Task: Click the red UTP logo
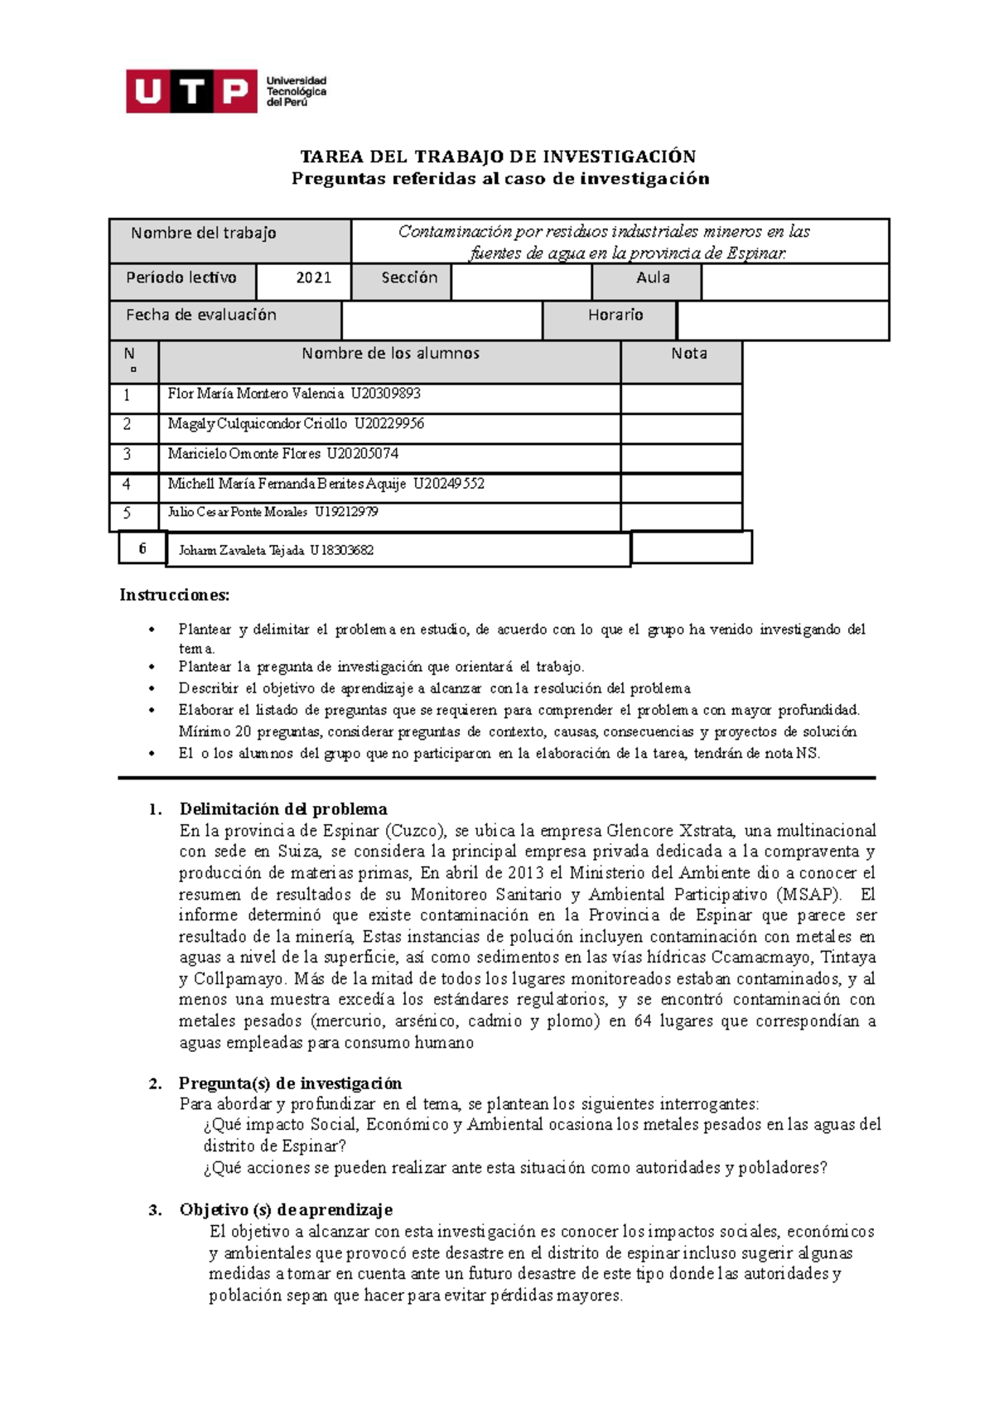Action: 191,91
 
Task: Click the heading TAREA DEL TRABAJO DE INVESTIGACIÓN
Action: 497,157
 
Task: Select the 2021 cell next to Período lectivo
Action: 313,278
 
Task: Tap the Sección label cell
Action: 408,278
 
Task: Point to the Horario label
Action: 615,316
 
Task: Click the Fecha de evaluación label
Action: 201,316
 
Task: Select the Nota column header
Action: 688,355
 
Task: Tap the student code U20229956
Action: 388,424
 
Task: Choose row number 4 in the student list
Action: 127,484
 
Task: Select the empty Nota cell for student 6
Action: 691,548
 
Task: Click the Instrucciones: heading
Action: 174,595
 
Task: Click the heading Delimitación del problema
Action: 283,809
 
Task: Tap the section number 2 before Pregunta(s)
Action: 155,1083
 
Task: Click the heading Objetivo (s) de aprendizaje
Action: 286,1210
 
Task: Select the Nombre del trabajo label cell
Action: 204,234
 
